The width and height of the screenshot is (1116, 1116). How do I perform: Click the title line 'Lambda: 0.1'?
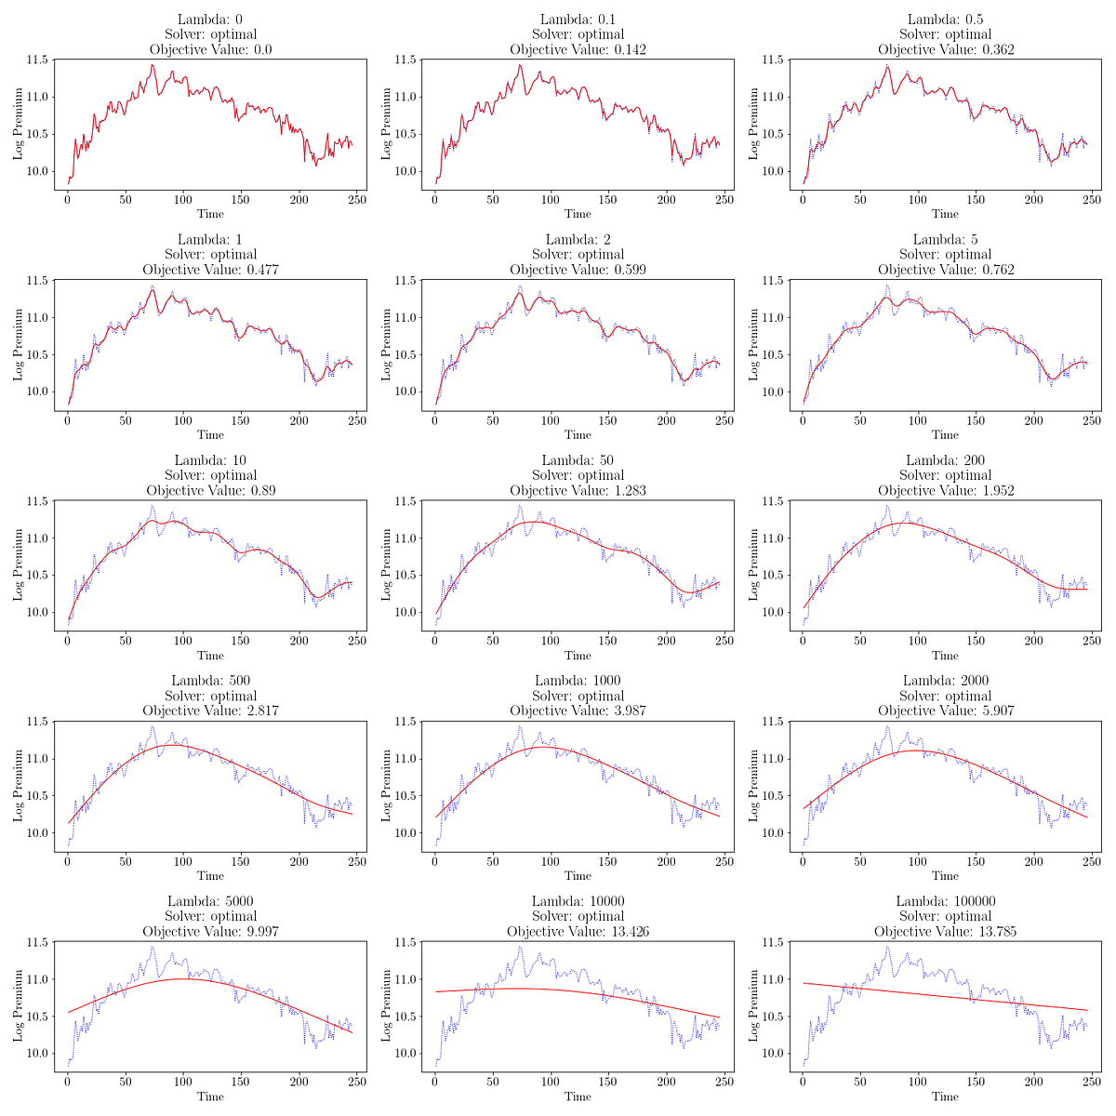click(578, 20)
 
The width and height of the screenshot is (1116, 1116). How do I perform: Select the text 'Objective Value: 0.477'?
click(210, 270)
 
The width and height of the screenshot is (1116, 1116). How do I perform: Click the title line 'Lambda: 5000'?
click(210, 901)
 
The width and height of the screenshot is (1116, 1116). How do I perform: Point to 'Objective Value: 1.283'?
click(578, 490)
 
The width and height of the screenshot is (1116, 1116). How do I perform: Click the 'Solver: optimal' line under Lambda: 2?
click(578, 255)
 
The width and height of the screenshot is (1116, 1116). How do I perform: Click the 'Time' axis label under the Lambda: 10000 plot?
click(578, 1096)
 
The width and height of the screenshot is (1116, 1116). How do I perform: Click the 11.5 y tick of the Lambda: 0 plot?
click(36, 60)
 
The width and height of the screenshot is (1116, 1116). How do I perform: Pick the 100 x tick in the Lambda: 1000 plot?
click(551, 861)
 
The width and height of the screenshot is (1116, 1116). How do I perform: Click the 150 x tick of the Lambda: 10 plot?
click(241, 641)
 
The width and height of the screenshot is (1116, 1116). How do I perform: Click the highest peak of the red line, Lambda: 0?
click(152, 65)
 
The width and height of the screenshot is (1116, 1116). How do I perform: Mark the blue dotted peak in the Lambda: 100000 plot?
click(887, 948)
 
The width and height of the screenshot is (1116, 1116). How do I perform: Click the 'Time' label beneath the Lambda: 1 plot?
click(210, 434)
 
